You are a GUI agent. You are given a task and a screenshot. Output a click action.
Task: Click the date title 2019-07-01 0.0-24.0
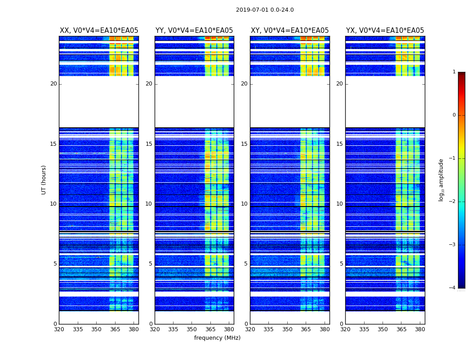coord(265,10)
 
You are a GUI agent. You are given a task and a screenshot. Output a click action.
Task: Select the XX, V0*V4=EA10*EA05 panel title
coord(99,31)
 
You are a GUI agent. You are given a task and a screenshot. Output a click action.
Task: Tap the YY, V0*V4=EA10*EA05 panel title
coord(194,31)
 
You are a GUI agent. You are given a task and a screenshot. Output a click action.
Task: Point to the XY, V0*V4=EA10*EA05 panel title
coord(289,31)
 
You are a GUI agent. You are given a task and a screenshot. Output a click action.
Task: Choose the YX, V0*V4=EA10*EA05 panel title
coord(385,31)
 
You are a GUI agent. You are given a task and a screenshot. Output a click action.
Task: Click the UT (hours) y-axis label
coord(44,180)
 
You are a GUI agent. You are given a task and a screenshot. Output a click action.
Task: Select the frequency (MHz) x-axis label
coord(217,338)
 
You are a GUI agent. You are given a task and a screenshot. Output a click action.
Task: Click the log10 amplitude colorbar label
coord(441,180)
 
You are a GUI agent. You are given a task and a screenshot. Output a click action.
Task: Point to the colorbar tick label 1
coord(454,72)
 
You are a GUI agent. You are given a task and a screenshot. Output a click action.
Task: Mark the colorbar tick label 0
coord(454,115)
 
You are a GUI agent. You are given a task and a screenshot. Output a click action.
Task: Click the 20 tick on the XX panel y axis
coord(53,84)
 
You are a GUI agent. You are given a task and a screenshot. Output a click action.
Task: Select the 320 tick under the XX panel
coord(59,329)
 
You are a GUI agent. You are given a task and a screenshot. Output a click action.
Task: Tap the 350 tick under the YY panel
coord(192,329)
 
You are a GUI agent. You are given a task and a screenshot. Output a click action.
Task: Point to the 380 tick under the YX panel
coord(420,329)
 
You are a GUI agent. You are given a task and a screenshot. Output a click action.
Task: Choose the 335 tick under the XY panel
coord(268,329)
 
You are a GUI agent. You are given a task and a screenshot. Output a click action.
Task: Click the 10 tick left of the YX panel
coord(339,204)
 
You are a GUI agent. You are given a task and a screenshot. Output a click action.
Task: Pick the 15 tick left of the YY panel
coord(149,144)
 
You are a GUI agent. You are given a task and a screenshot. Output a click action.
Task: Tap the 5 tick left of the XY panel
coord(246,264)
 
